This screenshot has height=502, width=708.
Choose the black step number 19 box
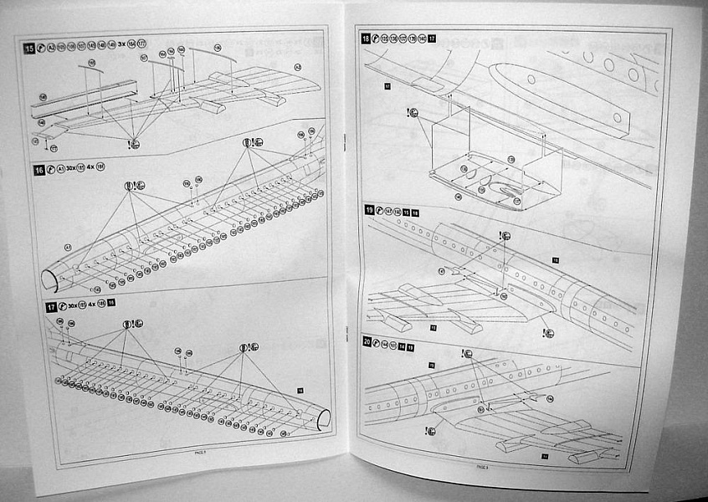[x=368, y=212]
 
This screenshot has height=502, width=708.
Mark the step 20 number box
[x=367, y=343]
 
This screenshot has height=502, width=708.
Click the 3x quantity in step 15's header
[x=121, y=44]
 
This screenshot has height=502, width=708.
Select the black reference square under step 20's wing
[x=544, y=456]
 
